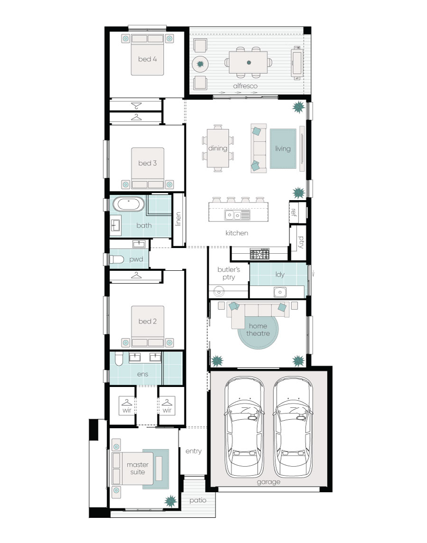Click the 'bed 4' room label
click(x=147, y=59)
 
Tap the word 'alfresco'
click(x=245, y=86)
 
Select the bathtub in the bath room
click(x=129, y=204)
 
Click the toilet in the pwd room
click(x=117, y=259)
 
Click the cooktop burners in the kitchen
click(x=260, y=254)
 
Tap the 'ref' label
click(x=294, y=212)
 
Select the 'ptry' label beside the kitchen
click(x=300, y=242)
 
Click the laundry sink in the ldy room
click(x=280, y=292)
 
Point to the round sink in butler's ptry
click(x=219, y=291)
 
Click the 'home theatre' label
click(x=258, y=330)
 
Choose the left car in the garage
click(x=244, y=427)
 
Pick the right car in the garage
click(x=293, y=427)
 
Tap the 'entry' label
click(x=194, y=451)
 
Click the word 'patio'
click(x=198, y=500)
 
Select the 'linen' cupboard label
click(x=178, y=219)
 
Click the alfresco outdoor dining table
click(x=249, y=62)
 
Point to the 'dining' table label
click(x=218, y=148)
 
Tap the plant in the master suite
click(x=170, y=501)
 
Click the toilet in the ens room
click(x=119, y=359)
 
